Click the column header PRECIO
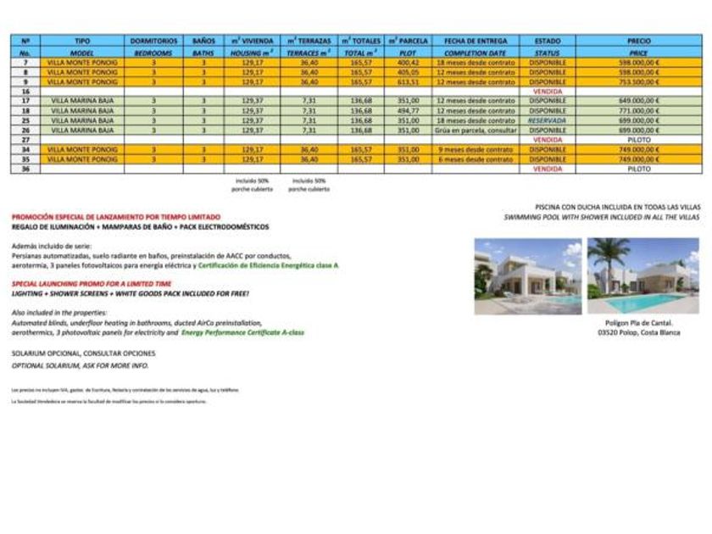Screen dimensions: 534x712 click(x=639, y=41)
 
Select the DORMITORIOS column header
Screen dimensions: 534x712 click(x=154, y=41)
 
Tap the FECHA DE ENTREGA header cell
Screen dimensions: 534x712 click(x=476, y=41)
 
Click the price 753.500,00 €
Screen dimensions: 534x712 click(x=639, y=82)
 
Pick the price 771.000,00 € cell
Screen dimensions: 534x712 click(x=639, y=111)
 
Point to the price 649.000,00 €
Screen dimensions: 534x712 click(x=639, y=101)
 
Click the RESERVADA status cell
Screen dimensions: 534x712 click(x=547, y=120)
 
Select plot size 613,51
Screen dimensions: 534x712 click(x=409, y=82)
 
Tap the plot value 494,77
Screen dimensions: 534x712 click(x=409, y=111)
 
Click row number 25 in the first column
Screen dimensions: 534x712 click(x=25, y=120)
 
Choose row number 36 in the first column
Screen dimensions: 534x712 click(x=25, y=169)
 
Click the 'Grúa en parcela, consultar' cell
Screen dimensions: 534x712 click(x=476, y=131)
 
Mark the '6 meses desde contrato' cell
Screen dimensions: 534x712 click(x=476, y=159)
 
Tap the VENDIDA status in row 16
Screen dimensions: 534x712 click(x=547, y=92)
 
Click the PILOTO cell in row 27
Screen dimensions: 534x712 click(x=639, y=140)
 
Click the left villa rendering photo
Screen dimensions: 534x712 click(x=527, y=276)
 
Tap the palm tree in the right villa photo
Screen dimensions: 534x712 click(x=609, y=254)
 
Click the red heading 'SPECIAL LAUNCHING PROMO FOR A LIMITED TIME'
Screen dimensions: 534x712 click(x=92, y=283)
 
